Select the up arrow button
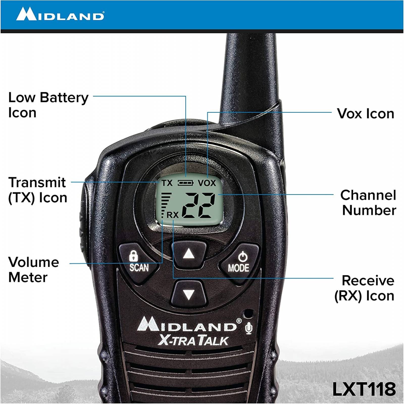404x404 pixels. pyautogui.click(x=189, y=254)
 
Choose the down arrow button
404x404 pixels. pyautogui.click(x=189, y=294)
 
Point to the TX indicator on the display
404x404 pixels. pyautogui.click(x=167, y=183)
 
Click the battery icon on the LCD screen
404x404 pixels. pyautogui.click(x=186, y=183)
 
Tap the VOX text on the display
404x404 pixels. pyautogui.click(x=207, y=183)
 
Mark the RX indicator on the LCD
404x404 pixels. pyautogui.click(x=173, y=215)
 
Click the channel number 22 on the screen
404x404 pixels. pyautogui.click(x=198, y=205)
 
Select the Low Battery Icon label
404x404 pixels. pyautogui.click(x=48, y=105)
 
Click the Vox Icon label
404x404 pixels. pyautogui.click(x=365, y=114)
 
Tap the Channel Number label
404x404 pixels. pyautogui.click(x=368, y=203)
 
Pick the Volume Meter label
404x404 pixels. pyautogui.click(x=33, y=269)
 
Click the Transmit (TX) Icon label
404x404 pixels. pyautogui.click(x=37, y=190)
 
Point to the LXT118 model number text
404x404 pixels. pyautogui.click(x=364, y=389)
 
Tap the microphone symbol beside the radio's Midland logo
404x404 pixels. pyautogui.click(x=249, y=328)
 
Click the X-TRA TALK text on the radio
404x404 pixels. pyautogui.click(x=193, y=340)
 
